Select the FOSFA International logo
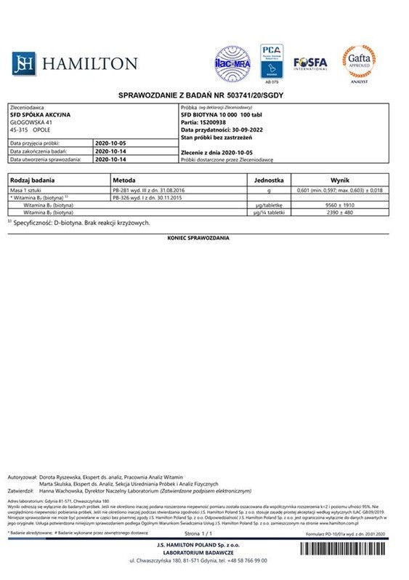pyautogui.click(x=309, y=63)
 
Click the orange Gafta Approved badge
pyautogui.click(x=358, y=63)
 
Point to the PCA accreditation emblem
pyautogui.click(x=271, y=60)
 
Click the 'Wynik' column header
pyautogui.click(x=341, y=179)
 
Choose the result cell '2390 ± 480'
pyautogui.click(x=341, y=213)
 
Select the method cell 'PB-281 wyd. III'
pyautogui.click(x=150, y=190)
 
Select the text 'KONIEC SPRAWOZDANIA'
pyautogui.click(x=198, y=238)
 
